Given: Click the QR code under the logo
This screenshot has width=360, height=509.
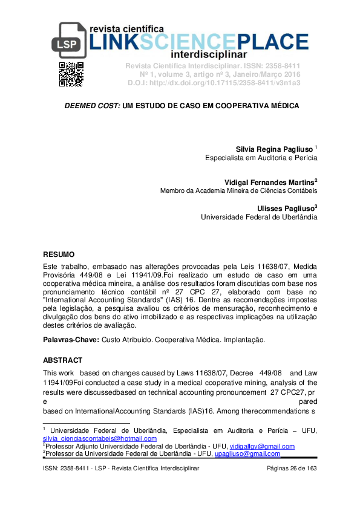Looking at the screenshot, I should (x=71, y=74).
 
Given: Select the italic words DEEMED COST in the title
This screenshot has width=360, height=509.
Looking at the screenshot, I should (x=92, y=106).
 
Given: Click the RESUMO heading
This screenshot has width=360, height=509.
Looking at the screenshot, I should (x=59, y=254).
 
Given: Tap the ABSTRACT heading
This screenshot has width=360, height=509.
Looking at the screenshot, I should (x=62, y=360).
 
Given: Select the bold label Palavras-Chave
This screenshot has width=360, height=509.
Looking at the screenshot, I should (x=71, y=340).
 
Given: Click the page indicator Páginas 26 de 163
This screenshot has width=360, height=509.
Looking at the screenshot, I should (x=292, y=469).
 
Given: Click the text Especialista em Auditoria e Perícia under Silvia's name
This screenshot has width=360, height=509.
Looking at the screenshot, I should (x=261, y=158).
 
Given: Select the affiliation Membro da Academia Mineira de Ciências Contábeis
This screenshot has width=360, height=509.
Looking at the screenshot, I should (x=238, y=190).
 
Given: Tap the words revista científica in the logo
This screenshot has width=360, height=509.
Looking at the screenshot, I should (x=126, y=28).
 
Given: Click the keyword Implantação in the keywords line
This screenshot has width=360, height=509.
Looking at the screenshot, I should (x=244, y=340).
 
